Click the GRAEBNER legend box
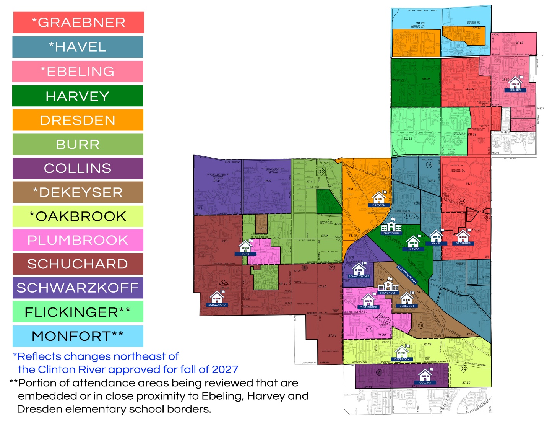(78, 22)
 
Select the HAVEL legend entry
(78, 47)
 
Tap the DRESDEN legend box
(78, 120)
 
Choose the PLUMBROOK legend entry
(78, 240)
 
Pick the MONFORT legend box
(78, 336)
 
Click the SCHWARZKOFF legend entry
(78, 288)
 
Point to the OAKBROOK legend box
(78, 216)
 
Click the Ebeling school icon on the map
(515, 83)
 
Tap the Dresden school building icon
(379, 198)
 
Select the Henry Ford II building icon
(391, 226)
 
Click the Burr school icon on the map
(245, 247)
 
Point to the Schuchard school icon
(217, 298)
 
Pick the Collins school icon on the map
(425, 376)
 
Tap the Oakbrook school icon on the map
(401, 352)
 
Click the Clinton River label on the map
(407, 274)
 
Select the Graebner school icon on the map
(463, 236)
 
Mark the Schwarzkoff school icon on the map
(359, 269)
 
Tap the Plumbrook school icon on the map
(368, 300)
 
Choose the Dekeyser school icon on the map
(406, 299)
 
